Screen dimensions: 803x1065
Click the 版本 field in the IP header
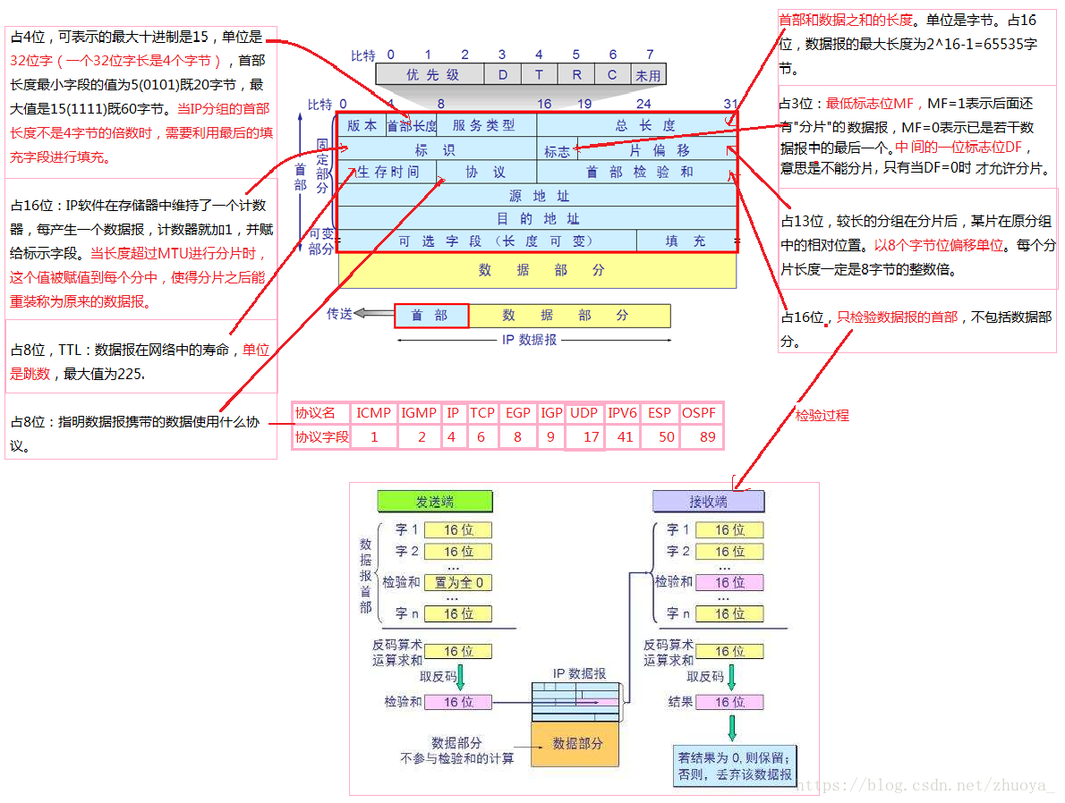362,126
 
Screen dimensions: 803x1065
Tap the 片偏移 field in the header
659,150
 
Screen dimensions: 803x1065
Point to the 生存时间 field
388,172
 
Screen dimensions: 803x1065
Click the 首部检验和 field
637,172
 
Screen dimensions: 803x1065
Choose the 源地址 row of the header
537,196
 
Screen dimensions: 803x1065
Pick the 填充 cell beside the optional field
686,241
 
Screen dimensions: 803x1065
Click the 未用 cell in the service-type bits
648,75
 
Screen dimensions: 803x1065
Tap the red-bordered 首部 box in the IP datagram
430,316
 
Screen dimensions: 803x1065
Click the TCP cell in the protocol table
482,413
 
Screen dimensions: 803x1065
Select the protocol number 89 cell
707,437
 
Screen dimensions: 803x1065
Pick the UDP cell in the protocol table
584,413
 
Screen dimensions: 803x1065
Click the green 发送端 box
433,501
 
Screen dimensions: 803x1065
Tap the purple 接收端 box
707,501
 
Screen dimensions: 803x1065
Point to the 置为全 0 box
457,583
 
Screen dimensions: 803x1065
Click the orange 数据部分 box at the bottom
577,743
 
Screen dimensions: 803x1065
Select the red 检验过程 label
822,415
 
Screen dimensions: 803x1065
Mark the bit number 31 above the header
731,104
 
